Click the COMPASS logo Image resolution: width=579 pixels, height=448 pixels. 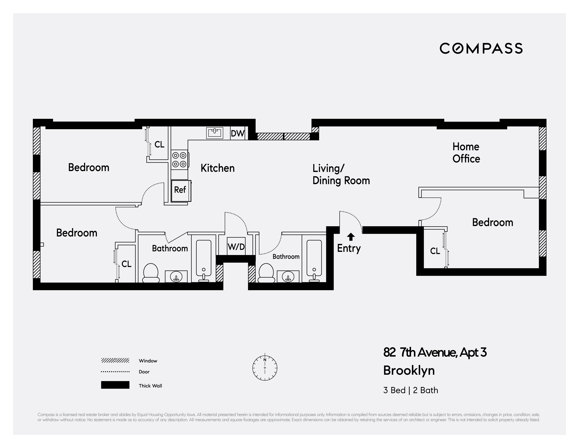coord(481,49)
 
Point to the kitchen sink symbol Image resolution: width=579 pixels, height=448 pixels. coord(214,133)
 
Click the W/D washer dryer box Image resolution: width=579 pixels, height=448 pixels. coord(236,247)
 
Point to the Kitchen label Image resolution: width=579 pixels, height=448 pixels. coord(217,168)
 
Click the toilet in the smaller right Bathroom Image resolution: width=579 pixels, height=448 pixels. coord(266,273)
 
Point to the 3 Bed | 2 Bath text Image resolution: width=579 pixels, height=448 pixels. coord(410,390)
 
